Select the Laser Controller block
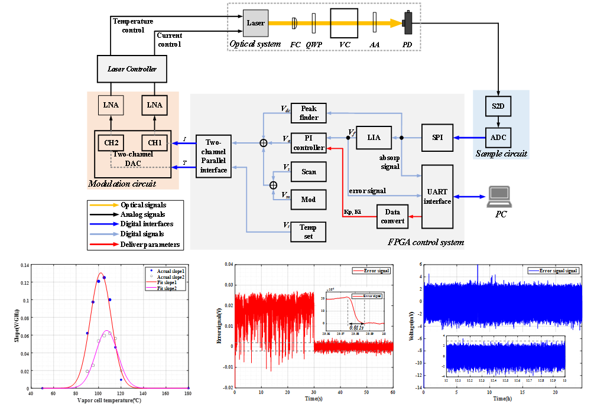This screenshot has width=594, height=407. coord(132,69)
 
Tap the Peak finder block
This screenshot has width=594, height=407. coord(309,113)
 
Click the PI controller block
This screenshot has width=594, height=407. coord(309,142)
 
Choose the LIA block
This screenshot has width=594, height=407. coord(374,138)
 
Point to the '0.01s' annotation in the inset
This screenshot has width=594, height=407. coord(356,326)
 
